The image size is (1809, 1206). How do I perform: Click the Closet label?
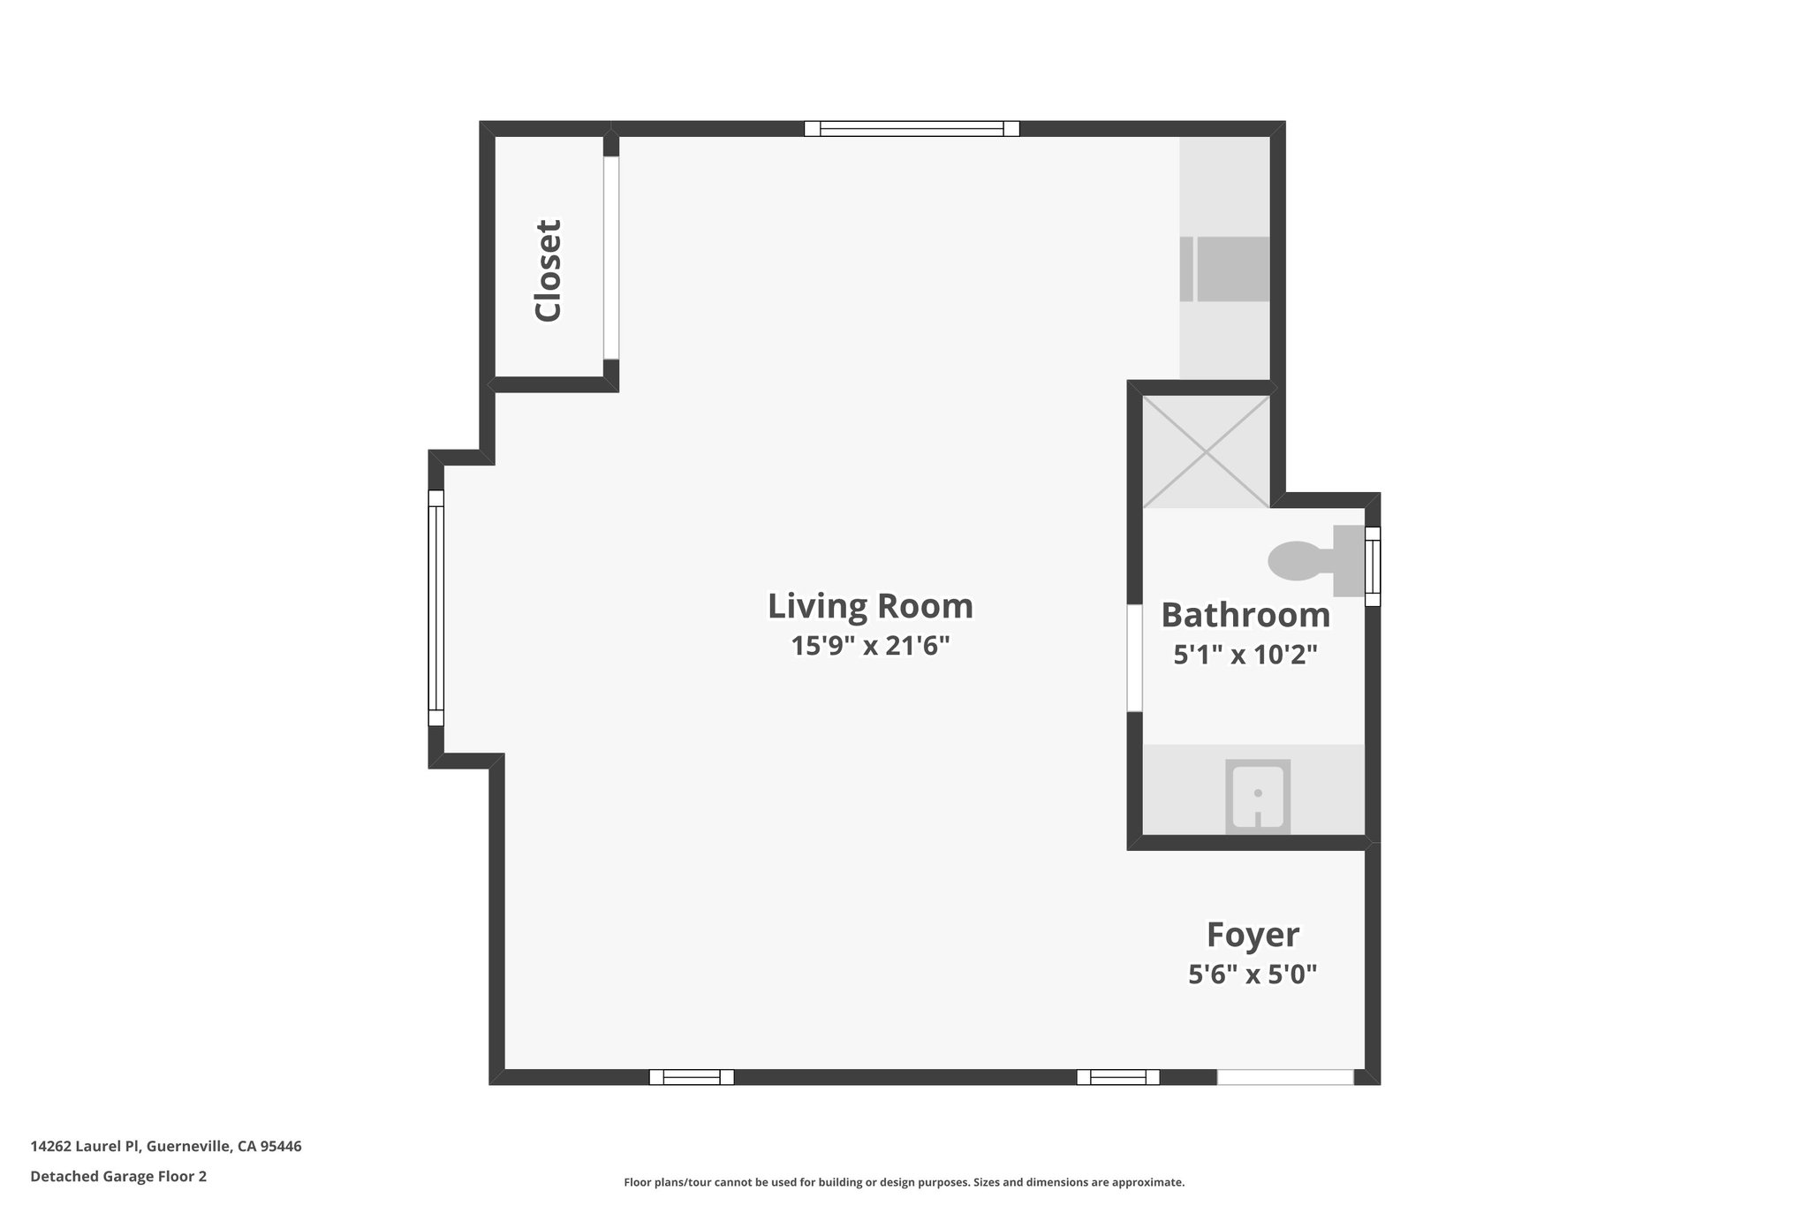(548, 270)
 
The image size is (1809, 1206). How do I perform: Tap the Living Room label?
(870, 606)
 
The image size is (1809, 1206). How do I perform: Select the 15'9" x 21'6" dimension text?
(870, 646)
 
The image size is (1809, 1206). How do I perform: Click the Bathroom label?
(1245, 615)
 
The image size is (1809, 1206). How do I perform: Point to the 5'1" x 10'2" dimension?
(1245, 655)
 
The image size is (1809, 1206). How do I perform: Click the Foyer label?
(1253, 935)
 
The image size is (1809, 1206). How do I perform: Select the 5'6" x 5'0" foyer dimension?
(1253, 975)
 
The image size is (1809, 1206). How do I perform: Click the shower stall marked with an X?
(1207, 451)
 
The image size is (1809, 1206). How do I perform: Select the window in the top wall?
(912, 129)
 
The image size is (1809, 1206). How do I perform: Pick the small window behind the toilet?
(1372, 566)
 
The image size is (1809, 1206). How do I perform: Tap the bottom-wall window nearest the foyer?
(1117, 1077)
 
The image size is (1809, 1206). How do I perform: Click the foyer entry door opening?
(1284, 1077)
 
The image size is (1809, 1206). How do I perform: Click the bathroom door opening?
(1134, 657)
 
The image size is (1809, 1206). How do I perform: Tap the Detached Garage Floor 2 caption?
(118, 1176)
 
